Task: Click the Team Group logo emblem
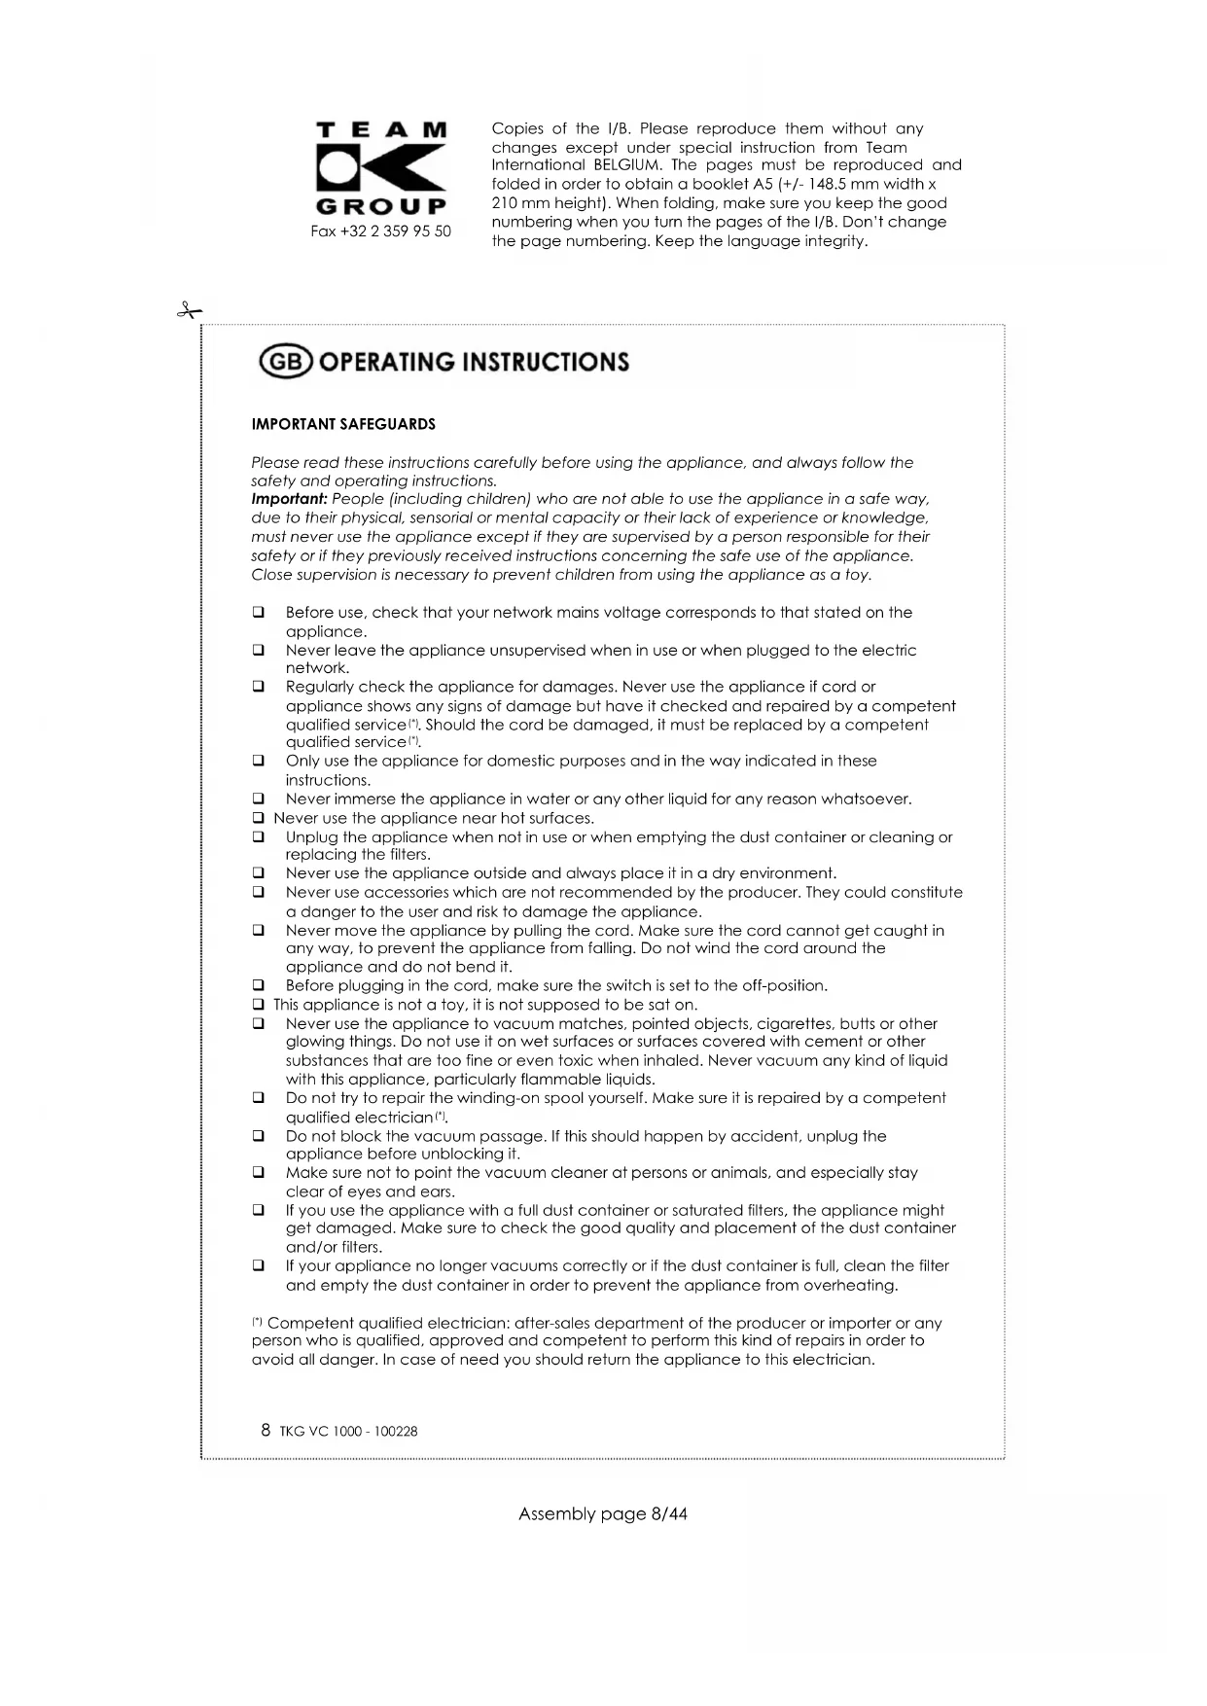(381, 167)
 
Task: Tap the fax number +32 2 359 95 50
(380, 231)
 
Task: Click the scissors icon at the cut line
(189, 311)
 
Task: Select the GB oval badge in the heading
(286, 362)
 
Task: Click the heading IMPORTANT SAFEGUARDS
(343, 424)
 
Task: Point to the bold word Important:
(289, 499)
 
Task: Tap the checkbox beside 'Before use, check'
(259, 613)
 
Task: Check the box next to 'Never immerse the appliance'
(259, 800)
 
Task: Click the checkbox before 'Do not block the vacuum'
(259, 1136)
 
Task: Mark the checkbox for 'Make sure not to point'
(259, 1173)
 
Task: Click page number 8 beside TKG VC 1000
(266, 1430)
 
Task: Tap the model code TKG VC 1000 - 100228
(348, 1432)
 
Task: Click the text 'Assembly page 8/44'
(603, 1513)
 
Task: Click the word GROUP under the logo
(381, 206)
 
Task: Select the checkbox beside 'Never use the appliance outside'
(259, 873)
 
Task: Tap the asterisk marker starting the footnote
(257, 1322)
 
